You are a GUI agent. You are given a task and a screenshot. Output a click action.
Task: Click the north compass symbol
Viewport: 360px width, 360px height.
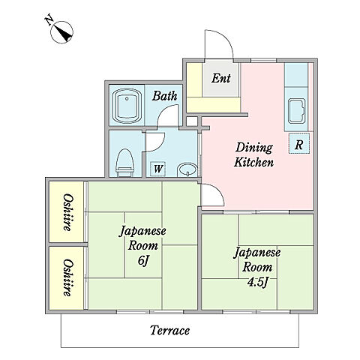pos(61,32)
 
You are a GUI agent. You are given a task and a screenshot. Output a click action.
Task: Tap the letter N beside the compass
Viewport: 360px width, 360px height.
pos(49,20)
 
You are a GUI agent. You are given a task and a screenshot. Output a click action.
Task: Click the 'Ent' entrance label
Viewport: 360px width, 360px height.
pos(221,78)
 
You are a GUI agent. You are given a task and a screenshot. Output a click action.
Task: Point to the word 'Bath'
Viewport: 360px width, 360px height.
pos(164,96)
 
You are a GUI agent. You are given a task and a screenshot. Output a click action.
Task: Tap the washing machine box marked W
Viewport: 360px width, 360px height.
pos(158,169)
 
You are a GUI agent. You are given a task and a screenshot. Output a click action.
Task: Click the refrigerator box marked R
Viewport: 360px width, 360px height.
pos(299,143)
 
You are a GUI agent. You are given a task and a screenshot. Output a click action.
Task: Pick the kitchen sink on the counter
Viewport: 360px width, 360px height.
pos(297,111)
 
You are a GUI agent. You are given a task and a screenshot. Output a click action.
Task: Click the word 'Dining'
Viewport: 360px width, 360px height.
pos(254,148)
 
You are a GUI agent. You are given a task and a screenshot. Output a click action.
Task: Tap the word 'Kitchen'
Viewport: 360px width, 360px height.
pos(254,162)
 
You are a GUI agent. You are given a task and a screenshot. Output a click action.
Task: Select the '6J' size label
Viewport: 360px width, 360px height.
pos(143,261)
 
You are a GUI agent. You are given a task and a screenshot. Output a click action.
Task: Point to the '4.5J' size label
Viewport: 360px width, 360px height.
pos(258,282)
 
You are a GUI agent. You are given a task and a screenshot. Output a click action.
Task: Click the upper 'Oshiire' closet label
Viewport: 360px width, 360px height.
pos(68,212)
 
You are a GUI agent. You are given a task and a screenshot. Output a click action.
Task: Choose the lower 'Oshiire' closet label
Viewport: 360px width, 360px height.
pos(68,277)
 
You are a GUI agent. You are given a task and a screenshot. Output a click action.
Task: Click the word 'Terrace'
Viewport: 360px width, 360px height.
pos(169,331)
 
